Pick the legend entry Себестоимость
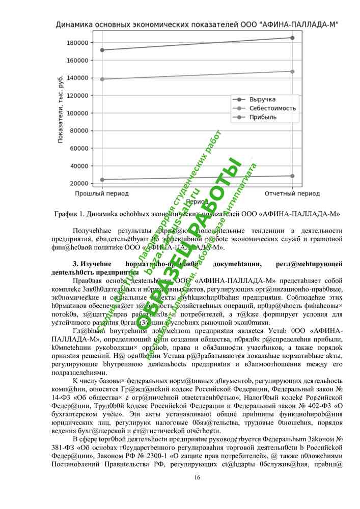[272, 108]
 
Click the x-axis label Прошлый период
[102, 194]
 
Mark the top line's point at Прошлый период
[102, 50]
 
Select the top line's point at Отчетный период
[292, 38]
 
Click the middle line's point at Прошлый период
[102, 79]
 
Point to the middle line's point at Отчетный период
[292, 71]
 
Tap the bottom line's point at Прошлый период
[102, 180]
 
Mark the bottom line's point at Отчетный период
[292, 176]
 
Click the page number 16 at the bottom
[197, 477]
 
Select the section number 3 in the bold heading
[74, 264]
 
